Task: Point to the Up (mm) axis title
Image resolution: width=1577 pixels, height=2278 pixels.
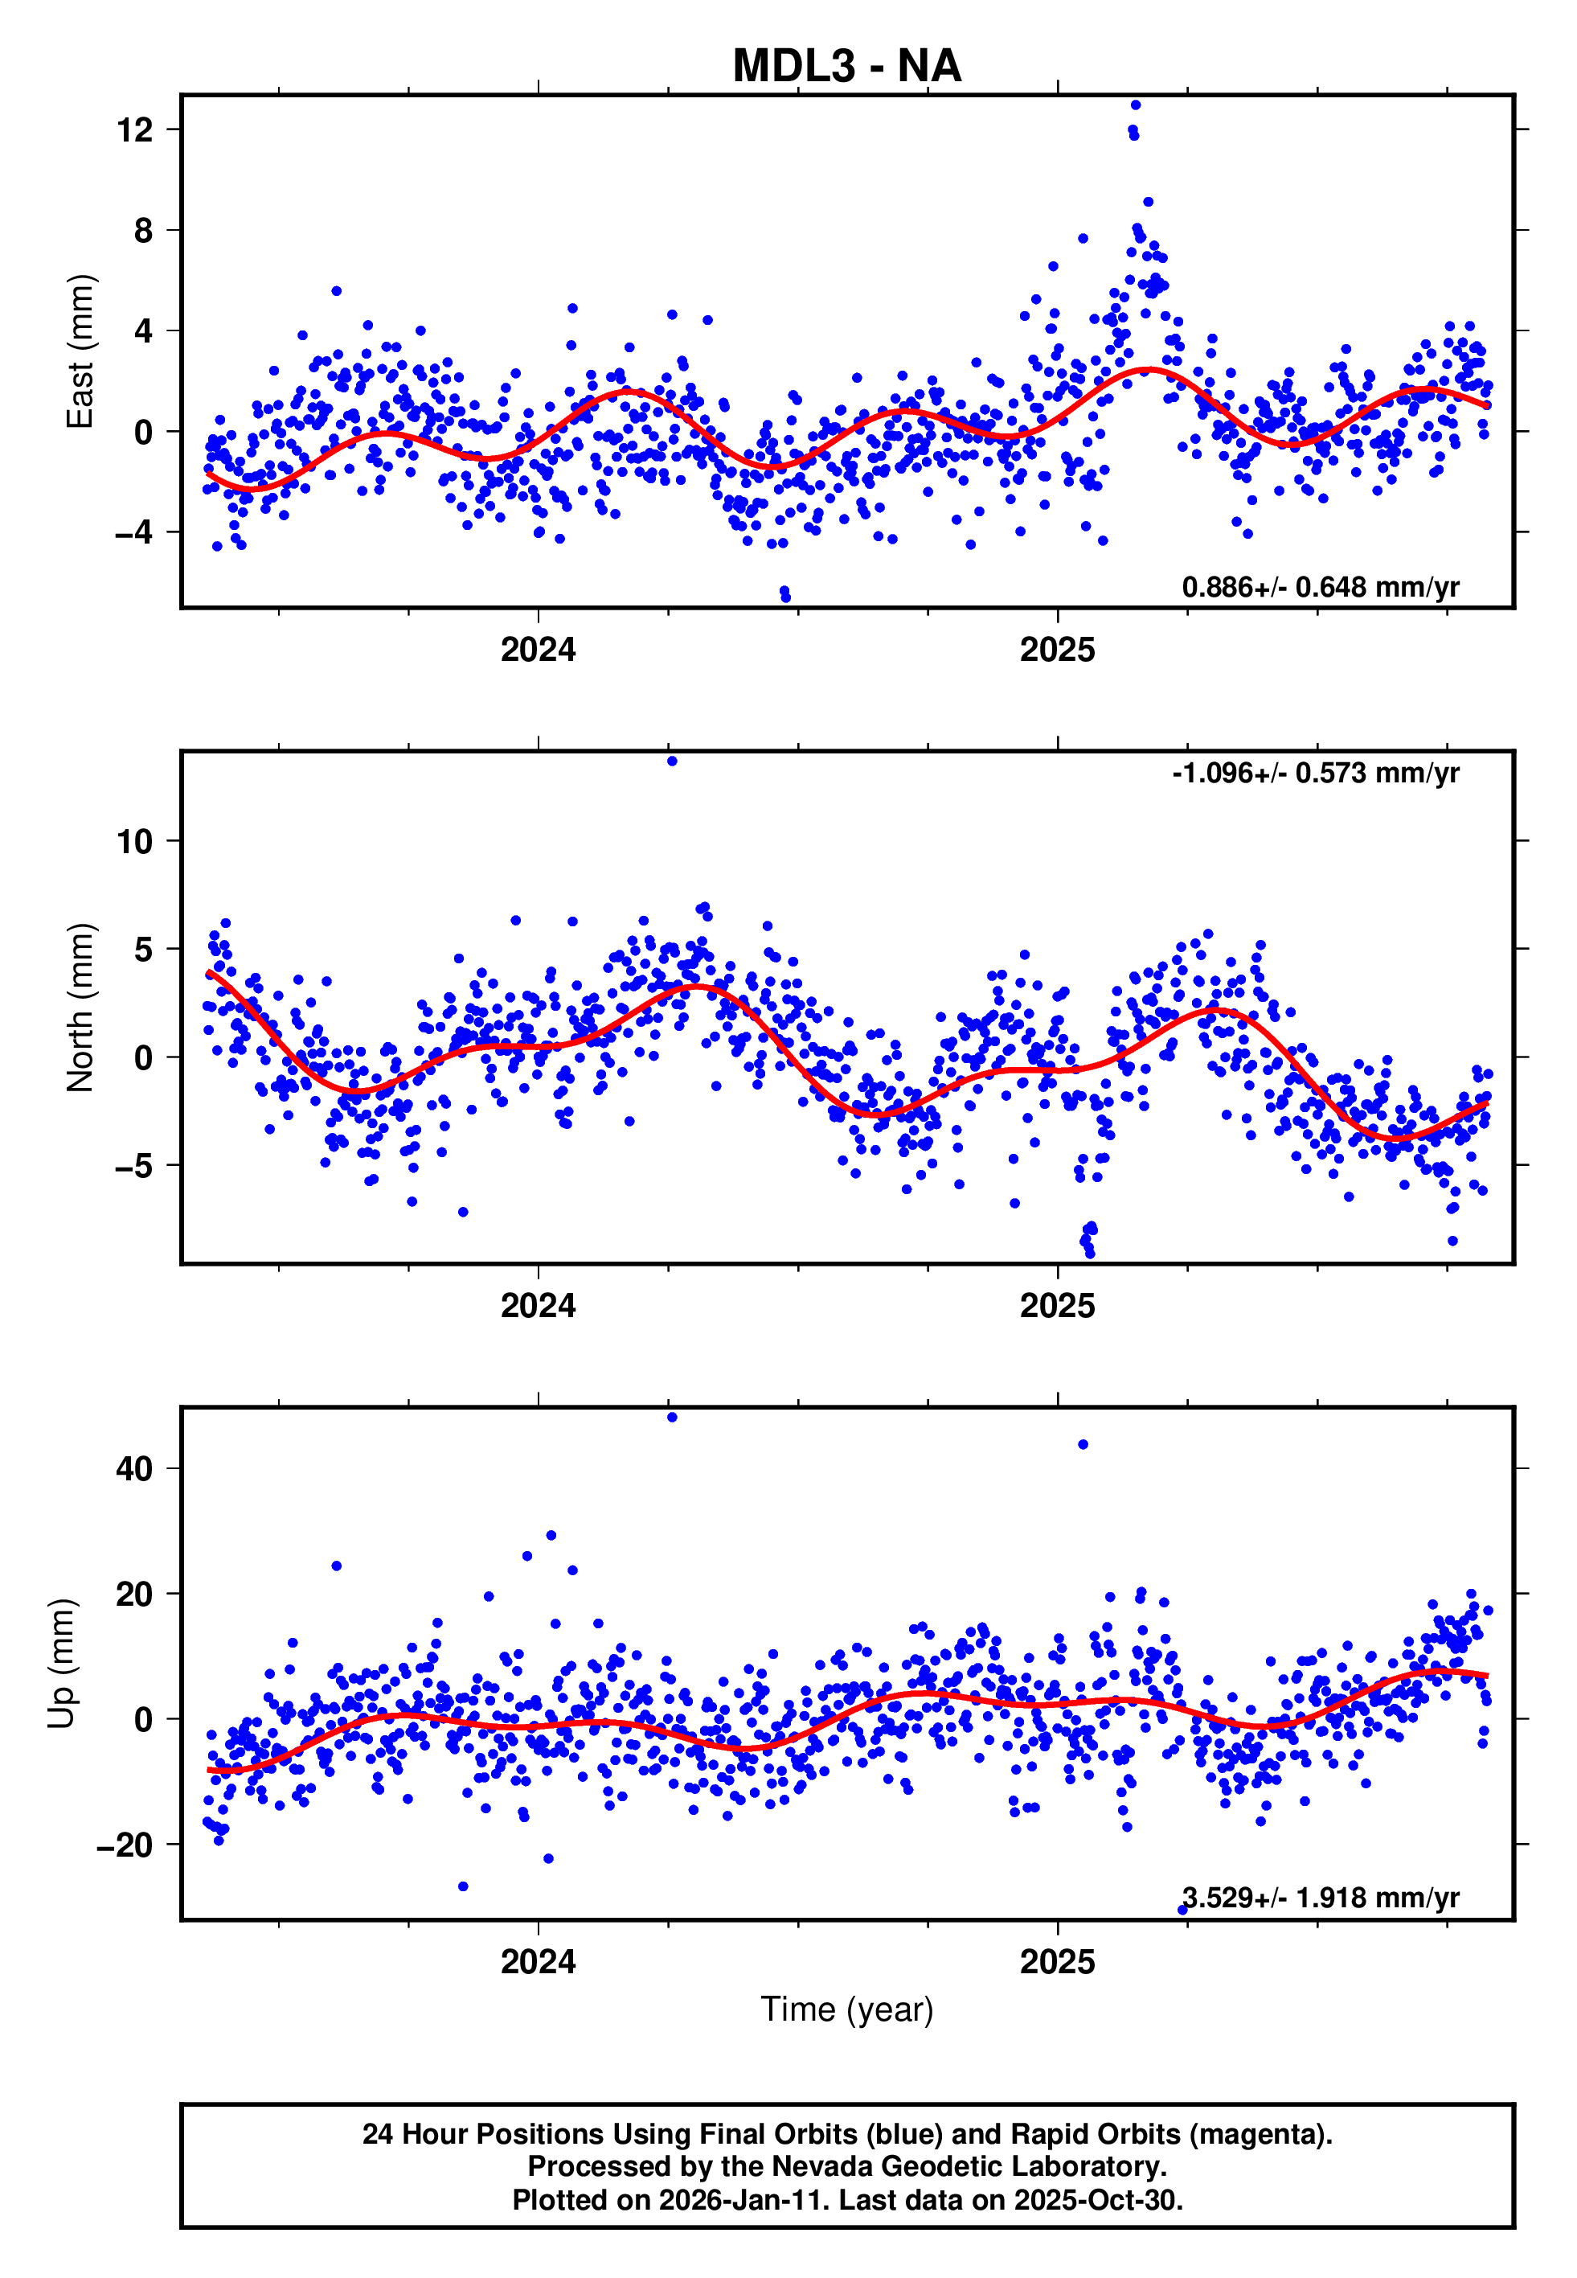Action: click(x=61, y=1664)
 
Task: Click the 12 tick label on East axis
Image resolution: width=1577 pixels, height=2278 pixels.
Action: click(x=134, y=129)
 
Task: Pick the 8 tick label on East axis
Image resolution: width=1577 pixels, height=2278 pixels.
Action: click(x=144, y=230)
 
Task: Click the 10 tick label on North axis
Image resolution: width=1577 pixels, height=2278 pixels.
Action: click(x=134, y=842)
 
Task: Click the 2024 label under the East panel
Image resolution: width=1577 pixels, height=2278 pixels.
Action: click(x=538, y=651)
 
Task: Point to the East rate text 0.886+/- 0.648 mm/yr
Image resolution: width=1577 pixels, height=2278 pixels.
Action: click(x=1320, y=587)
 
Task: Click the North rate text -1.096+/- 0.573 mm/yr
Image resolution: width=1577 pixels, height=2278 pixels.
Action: click(x=1315, y=773)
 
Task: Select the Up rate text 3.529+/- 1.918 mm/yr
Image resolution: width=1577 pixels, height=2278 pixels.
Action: click(x=1320, y=1898)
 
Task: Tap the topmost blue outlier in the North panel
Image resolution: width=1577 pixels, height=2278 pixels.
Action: click(x=672, y=761)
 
